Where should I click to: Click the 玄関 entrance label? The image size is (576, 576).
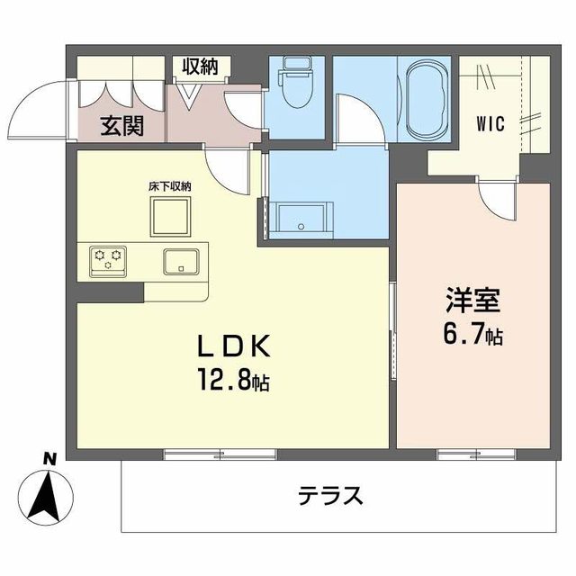coord(121,126)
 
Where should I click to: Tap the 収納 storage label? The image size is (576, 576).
coord(202,67)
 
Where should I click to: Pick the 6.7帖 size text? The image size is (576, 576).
coord(471,336)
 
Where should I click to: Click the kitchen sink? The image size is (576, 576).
coord(183,261)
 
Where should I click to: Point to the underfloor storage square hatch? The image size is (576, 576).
coord(170,216)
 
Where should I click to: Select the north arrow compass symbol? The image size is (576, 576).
coord(49,496)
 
